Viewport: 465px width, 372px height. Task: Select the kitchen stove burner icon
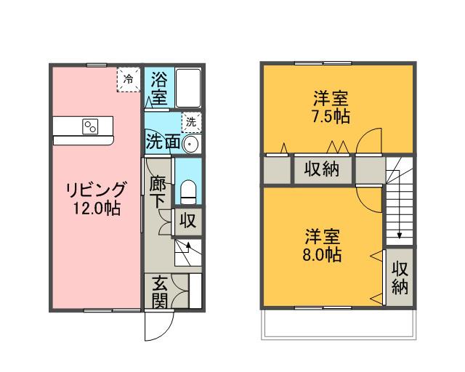pos(92,126)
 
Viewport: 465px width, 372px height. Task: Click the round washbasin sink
pos(191,142)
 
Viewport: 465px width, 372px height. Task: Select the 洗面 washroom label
pos(163,141)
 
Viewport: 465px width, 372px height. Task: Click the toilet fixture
pos(187,193)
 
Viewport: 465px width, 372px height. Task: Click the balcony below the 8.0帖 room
pos(338,323)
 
